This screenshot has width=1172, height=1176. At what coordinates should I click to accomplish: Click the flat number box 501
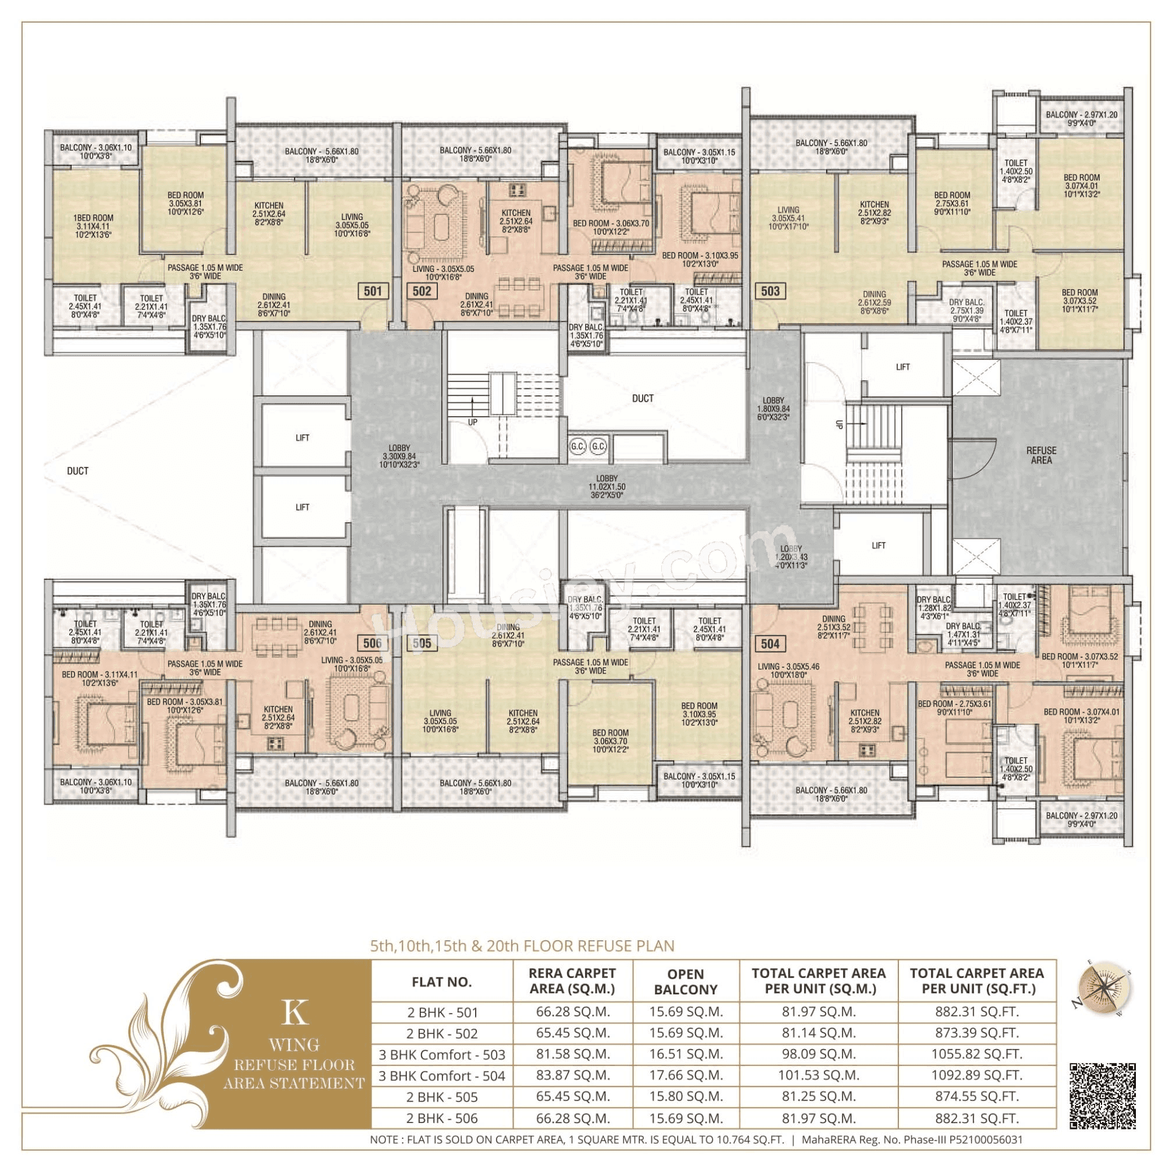pyautogui.click(x=373, y=291)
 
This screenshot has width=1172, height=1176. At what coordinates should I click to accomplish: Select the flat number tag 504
pyautogui.click(x=770, y=643)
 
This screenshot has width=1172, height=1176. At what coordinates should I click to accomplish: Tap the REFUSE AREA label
pyautogui.click(x=1041, y=455)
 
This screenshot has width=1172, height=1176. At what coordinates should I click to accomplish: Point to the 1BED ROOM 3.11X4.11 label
pyautogui.click(x=93, y=226)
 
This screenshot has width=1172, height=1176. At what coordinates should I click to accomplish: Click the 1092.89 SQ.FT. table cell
pyautogui.click(x=976, y=1075)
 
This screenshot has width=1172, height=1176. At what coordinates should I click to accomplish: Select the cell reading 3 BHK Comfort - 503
pyautogui.click(x=441, y=1054)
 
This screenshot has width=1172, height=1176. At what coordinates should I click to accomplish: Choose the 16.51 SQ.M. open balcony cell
pyautogui.click(x=685, y=1054)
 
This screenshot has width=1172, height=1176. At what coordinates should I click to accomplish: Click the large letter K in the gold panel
pyautogui.click(x=295, y=1012)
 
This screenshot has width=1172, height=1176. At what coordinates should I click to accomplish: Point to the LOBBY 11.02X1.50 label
pyautogui.click(x=607, y=487)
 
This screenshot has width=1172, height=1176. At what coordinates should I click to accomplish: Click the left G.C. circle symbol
pyautogui.click(x=578, y=446)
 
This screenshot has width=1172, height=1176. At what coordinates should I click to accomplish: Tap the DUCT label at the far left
pyautogui.click(x=77, y=471)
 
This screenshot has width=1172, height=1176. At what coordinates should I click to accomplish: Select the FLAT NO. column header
pyautogui.click(x=441, y=982)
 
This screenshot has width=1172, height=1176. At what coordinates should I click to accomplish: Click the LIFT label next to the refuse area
pyautogui.click(x=902, y=367)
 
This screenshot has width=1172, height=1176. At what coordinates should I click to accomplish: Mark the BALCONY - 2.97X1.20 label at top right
pyautogui.click(x=1081, y=118)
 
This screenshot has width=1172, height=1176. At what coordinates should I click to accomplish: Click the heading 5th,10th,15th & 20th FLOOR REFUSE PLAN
pyautogui.click(x=522, y=946)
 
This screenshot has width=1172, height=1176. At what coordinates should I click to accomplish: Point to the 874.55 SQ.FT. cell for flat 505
pyautogui.click(x=976, y=1096)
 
